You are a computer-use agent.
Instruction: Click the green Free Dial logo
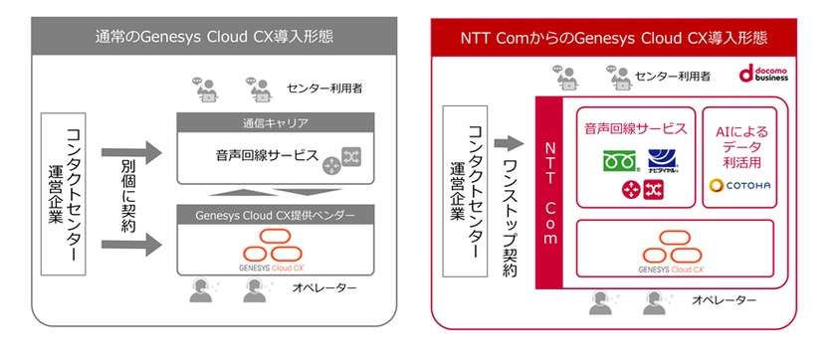tap(617, 159)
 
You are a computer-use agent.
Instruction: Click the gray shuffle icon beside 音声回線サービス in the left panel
tap(350, 156)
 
